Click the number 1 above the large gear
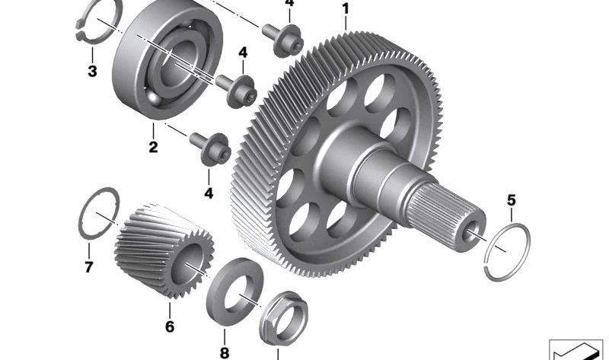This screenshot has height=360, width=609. pyautogui.click(x=346, y=8)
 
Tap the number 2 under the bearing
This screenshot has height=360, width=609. pyautogui.click(x=154, y=147)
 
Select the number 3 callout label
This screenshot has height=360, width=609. pyautogui.click(x=92, y=72)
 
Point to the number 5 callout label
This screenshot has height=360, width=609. pyautogui.click(x=511, y=201)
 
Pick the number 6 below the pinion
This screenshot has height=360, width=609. pyautogui.click(x=170, y=327)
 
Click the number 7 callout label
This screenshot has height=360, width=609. pyautogui.click(x=88, y=267)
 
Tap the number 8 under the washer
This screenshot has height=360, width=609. pyautogui.click(x=225, y=353)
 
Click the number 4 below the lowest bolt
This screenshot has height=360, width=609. pyautogui.click(x=209, y=193)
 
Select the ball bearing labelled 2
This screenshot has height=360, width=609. pyautogui.click(x=167, y=59)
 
